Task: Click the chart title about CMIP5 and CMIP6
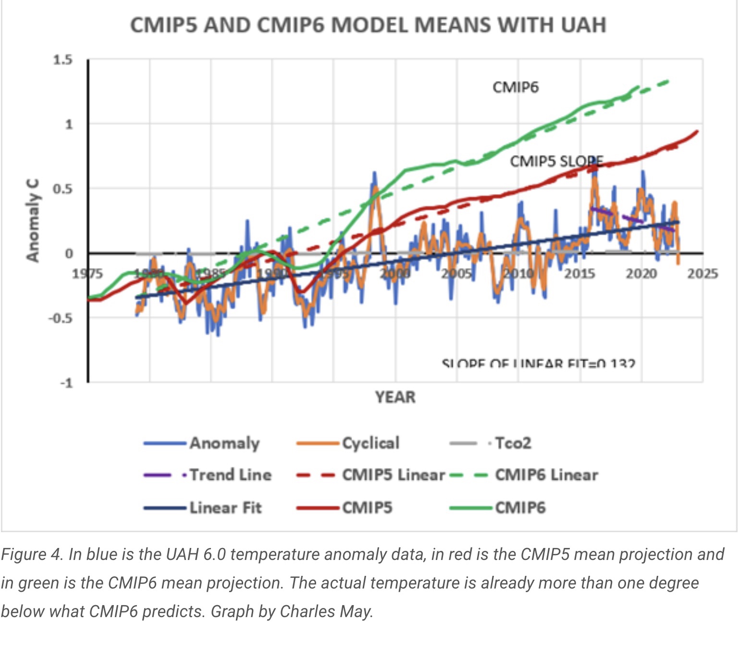point(368,25)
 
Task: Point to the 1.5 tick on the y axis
point(63,60)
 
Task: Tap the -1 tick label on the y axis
point(66,383)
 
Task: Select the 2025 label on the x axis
point(702,274)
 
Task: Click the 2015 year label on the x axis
point(579,274)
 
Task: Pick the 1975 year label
point(87,274)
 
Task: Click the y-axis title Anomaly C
point(33,220)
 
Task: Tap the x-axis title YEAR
point(395,397)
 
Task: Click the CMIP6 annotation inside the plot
point(516,87)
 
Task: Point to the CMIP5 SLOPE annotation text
point(556,161)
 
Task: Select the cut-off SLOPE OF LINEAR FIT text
point(538,364)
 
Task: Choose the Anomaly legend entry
point(224,443)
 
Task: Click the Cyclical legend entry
point(370,443)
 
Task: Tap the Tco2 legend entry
point(513,443)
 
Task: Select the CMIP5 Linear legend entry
point(394,475)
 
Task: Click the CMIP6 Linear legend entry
point(546,475)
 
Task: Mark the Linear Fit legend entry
point(225,508)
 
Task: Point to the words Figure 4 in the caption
point(32,555)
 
